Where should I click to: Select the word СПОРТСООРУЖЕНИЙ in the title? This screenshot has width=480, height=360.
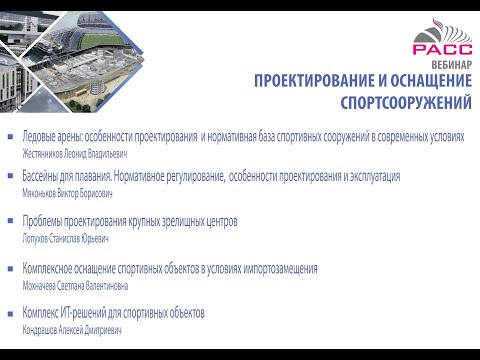(406, 102)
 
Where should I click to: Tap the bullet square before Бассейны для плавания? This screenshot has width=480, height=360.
(12, 178)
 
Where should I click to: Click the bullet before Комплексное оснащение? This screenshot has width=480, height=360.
(12, 269)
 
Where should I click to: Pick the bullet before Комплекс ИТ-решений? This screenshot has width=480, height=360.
(12, 314)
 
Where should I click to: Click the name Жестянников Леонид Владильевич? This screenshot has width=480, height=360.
(74, 155)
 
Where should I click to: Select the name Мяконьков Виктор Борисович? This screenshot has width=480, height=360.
(67, 194)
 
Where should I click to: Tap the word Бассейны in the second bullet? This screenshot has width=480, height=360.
(42, 178)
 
